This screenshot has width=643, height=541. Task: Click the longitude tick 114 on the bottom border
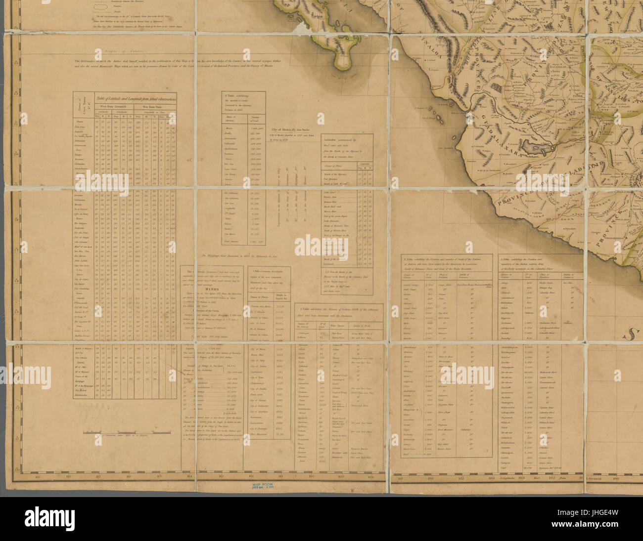coord(189,477)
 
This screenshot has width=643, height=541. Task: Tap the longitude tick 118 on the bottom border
coord(68,477)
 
